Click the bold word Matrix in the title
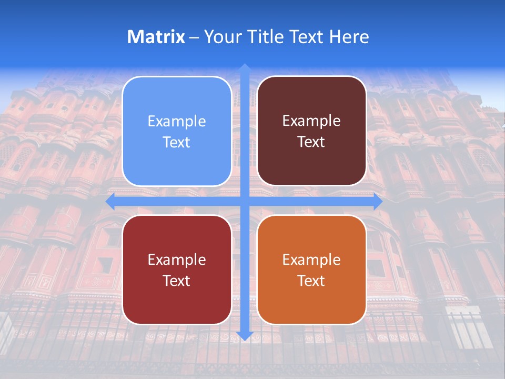[x=156, y=37]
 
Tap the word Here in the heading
[x=349, y=37]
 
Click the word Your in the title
[x=222, y=37]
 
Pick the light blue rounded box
[x=177, y=131]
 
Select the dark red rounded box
[x=177, y=270]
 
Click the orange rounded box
[x=311, y=270]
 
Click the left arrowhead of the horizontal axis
[x=110, y=202]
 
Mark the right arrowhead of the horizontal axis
[x=378, y=202]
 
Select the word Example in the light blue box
[x=177, y=121]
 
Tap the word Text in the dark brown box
[x=311, y=142]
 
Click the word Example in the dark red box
[x=177, y=260]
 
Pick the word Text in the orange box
[x=311, y=281]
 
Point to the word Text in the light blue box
[x=177, y=142]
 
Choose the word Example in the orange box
[x=311, y=260]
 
